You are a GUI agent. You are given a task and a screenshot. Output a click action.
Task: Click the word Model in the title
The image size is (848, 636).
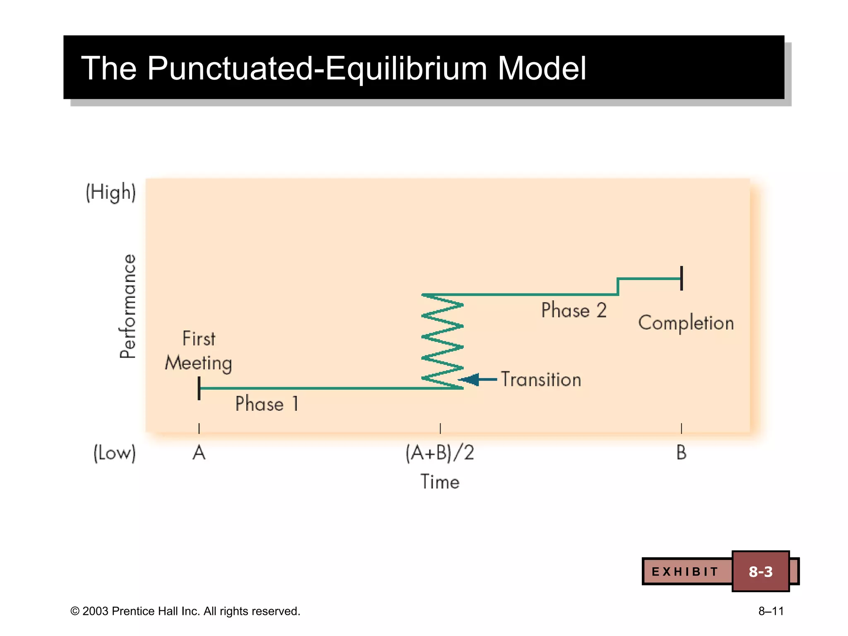pos(542,68)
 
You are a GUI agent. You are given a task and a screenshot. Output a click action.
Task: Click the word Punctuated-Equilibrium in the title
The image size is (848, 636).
pos(317,68)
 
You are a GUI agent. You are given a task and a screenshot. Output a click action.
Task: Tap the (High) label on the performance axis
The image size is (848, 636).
pos(111,193)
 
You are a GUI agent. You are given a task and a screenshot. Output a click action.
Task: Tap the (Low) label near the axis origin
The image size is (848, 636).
pos(114,453)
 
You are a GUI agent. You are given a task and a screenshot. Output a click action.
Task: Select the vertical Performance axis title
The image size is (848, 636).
pos(128,306)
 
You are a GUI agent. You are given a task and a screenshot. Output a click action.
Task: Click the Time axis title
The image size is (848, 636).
pos(440,482)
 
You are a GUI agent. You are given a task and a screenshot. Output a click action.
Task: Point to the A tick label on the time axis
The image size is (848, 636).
pos(199,453)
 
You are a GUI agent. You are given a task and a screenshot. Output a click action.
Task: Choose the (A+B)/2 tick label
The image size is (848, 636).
pos(440,453)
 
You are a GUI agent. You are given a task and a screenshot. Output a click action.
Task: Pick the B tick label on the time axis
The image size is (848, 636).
pos(681,453)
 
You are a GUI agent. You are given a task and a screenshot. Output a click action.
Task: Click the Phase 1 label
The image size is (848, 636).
pos(267,404)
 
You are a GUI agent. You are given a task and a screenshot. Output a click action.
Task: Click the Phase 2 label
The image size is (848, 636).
pos(574,310)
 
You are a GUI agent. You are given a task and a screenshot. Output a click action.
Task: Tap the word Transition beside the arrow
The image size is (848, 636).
pos(541,379)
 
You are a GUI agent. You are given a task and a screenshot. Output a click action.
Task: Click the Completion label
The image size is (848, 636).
pos(686,323)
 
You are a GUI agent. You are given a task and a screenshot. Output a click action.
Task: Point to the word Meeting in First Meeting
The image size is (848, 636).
pos(198,363)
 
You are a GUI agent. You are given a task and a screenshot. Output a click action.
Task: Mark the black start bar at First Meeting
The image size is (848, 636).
pos(199,388)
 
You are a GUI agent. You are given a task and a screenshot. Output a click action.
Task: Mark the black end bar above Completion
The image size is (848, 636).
pos(682,278)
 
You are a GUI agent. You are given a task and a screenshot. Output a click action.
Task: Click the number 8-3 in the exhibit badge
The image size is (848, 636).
pos(760,571)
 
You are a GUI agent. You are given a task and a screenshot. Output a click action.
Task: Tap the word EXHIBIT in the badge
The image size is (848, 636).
pos(685,572)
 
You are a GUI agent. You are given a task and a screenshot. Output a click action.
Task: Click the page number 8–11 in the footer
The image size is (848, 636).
pos(771,611)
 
